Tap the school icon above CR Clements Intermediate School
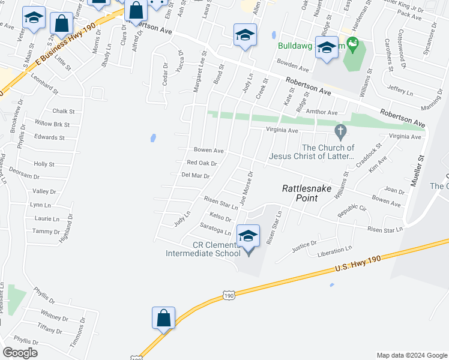coord(249,236)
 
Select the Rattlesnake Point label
coord(307,193)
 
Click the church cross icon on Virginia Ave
coord(340,131)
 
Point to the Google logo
coord(20,353)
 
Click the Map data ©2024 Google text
coord(412,355)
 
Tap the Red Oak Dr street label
coord(202,163)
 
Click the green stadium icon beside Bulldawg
coord(354,43)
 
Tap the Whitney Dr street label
coord(55,317)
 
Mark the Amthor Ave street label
coord(322,112)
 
